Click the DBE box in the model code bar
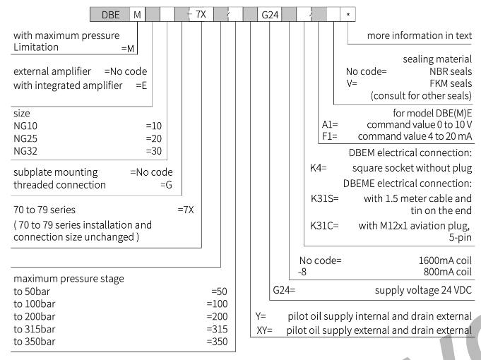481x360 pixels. pos(109,14)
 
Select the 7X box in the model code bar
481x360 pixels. pos(201,14)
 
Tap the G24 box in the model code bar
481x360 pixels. pos(270,14)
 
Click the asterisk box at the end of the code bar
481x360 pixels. pos(348,14)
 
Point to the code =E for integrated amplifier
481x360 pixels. pos(141,85)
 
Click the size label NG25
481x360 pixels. pos(25,138)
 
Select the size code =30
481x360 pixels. pos(154,151)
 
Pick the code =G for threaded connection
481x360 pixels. pos(166,185)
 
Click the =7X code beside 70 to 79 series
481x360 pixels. pos(186,210)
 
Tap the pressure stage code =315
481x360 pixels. pos(217,329)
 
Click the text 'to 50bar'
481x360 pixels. pos(32,292)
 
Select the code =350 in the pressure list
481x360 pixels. pos(217,342)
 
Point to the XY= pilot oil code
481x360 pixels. pos(264,330)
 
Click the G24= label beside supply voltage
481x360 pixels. pos(284,290)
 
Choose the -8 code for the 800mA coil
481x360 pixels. pos(302,272)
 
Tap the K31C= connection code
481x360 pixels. pos(324,226)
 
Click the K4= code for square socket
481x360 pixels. pos(319,168)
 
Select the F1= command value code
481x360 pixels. pos(330,136)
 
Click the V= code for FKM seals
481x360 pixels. pos(352,83)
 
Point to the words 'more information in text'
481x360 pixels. pos(420,35)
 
